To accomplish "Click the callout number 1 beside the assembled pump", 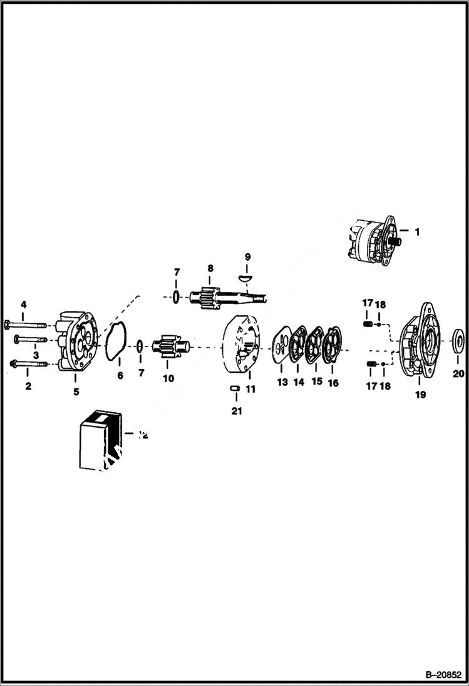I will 417,231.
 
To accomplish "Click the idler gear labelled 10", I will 167,348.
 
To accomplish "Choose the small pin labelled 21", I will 235,389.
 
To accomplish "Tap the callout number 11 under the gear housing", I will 251,389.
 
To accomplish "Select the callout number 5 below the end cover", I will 76,393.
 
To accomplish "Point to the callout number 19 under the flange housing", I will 420,395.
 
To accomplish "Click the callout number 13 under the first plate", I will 282,382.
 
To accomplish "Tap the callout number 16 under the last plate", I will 333,382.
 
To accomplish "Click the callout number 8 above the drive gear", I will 210,268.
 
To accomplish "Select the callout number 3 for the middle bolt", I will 36,355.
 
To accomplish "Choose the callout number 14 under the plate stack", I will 299,382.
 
